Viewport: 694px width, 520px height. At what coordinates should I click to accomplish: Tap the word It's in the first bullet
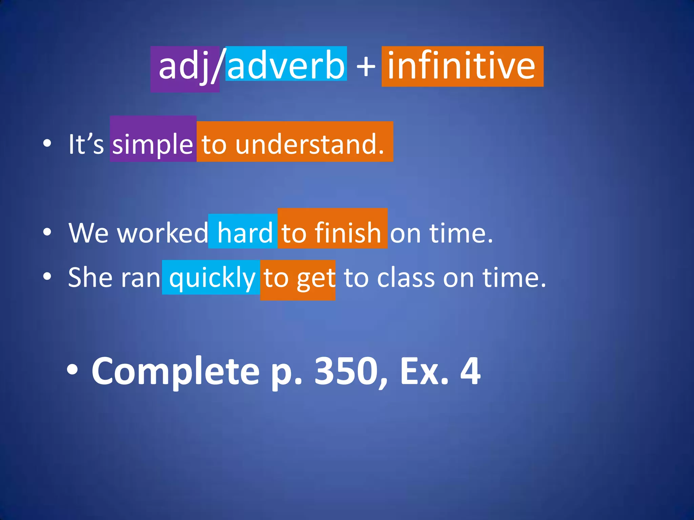coord(86,144)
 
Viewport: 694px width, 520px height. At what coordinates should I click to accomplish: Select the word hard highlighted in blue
coord(245,233)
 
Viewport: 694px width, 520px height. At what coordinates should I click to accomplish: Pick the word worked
coord(163,233)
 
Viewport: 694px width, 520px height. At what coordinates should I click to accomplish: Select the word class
coord(406,278)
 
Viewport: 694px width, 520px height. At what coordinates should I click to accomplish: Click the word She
coord(90,278)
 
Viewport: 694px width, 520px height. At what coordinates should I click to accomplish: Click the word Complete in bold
coord(176,372)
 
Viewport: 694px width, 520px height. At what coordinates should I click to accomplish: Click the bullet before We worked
coord(47,232)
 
